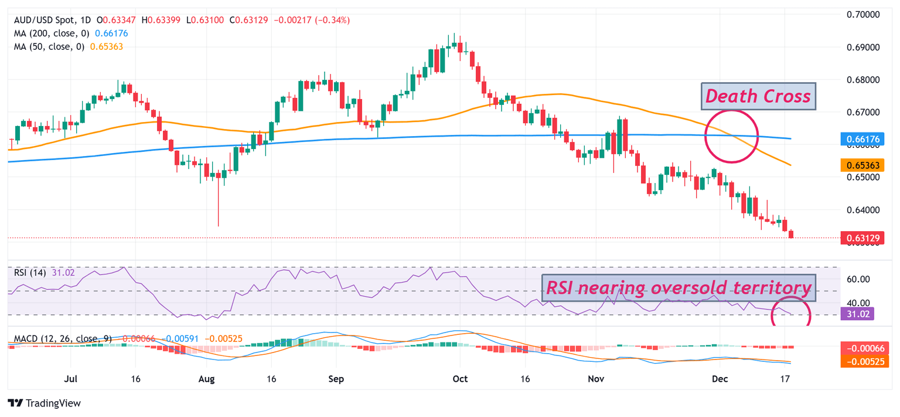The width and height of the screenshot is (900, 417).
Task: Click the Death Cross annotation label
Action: tap(756, 96)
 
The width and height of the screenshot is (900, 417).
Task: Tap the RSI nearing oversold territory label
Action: tap(679, 287)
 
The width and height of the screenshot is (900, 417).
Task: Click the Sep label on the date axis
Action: tap(336, 379)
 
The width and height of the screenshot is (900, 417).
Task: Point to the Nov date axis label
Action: tap(595, 379)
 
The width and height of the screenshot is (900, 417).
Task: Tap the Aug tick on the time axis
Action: tap(206, 379)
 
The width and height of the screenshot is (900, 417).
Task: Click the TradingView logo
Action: tap(45, 404)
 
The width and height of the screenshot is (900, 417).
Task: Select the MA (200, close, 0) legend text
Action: tap(48, 33)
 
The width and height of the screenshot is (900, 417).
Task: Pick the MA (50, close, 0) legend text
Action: tap(46, 46)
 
